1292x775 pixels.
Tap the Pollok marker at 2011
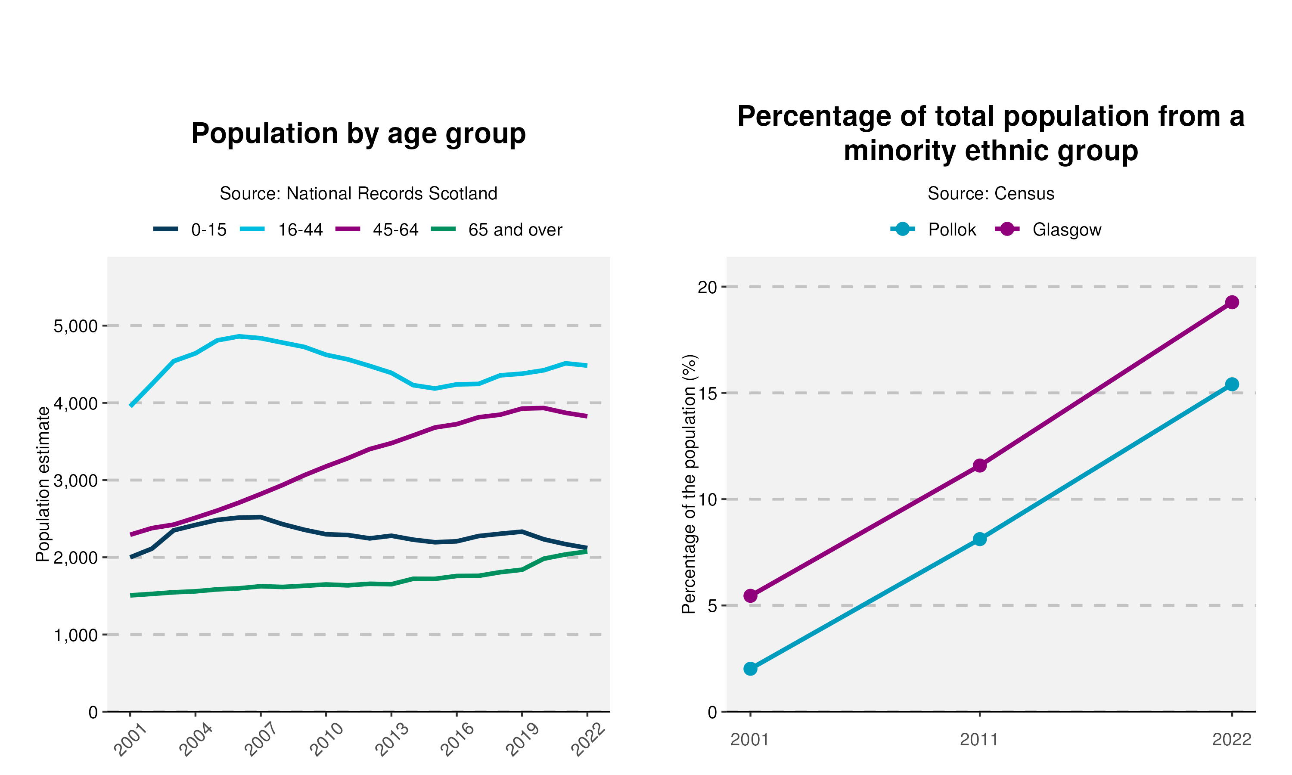[980, 539]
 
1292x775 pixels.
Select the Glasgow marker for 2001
[751, 596]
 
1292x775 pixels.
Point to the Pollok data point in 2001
[751, 669]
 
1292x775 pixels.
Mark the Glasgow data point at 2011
[980, 465]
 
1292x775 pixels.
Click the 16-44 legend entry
[300, 230]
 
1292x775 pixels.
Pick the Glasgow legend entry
[1066, 230]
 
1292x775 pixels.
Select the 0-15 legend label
[209, 230]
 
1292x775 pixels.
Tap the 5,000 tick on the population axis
[76, 326]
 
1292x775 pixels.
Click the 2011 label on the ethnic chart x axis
[979, 740]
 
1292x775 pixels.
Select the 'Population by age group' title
[358, 134]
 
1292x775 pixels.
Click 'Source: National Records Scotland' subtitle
[358, 194]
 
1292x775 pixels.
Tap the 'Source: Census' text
[991, 194]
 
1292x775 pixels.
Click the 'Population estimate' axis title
[43, 484]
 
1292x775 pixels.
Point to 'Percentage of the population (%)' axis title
[689, 484]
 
